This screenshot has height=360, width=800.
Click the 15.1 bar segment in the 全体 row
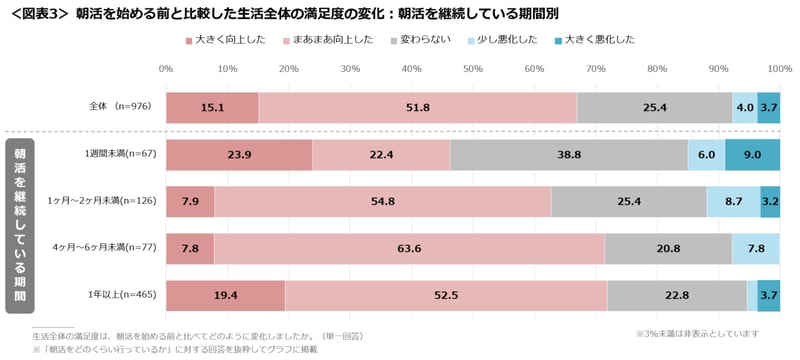click(x=212, y=107)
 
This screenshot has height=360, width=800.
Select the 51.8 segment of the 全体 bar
click(x=417, y=107)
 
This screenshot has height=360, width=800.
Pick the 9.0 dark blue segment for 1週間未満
click(x=752, y=155)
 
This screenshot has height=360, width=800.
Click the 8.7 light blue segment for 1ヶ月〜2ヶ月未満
click(x=733, y=202)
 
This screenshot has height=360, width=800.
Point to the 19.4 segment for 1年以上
click(x=225, y=296)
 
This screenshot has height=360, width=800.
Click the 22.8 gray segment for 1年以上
click(x=677, y=296)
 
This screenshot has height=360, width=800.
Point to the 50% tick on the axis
click(x=473, y=68)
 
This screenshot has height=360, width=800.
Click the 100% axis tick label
click(x=779, y=68)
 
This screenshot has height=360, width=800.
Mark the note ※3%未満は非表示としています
click(x=697, y=333)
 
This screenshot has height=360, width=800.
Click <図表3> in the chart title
click(x=38, y=13)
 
